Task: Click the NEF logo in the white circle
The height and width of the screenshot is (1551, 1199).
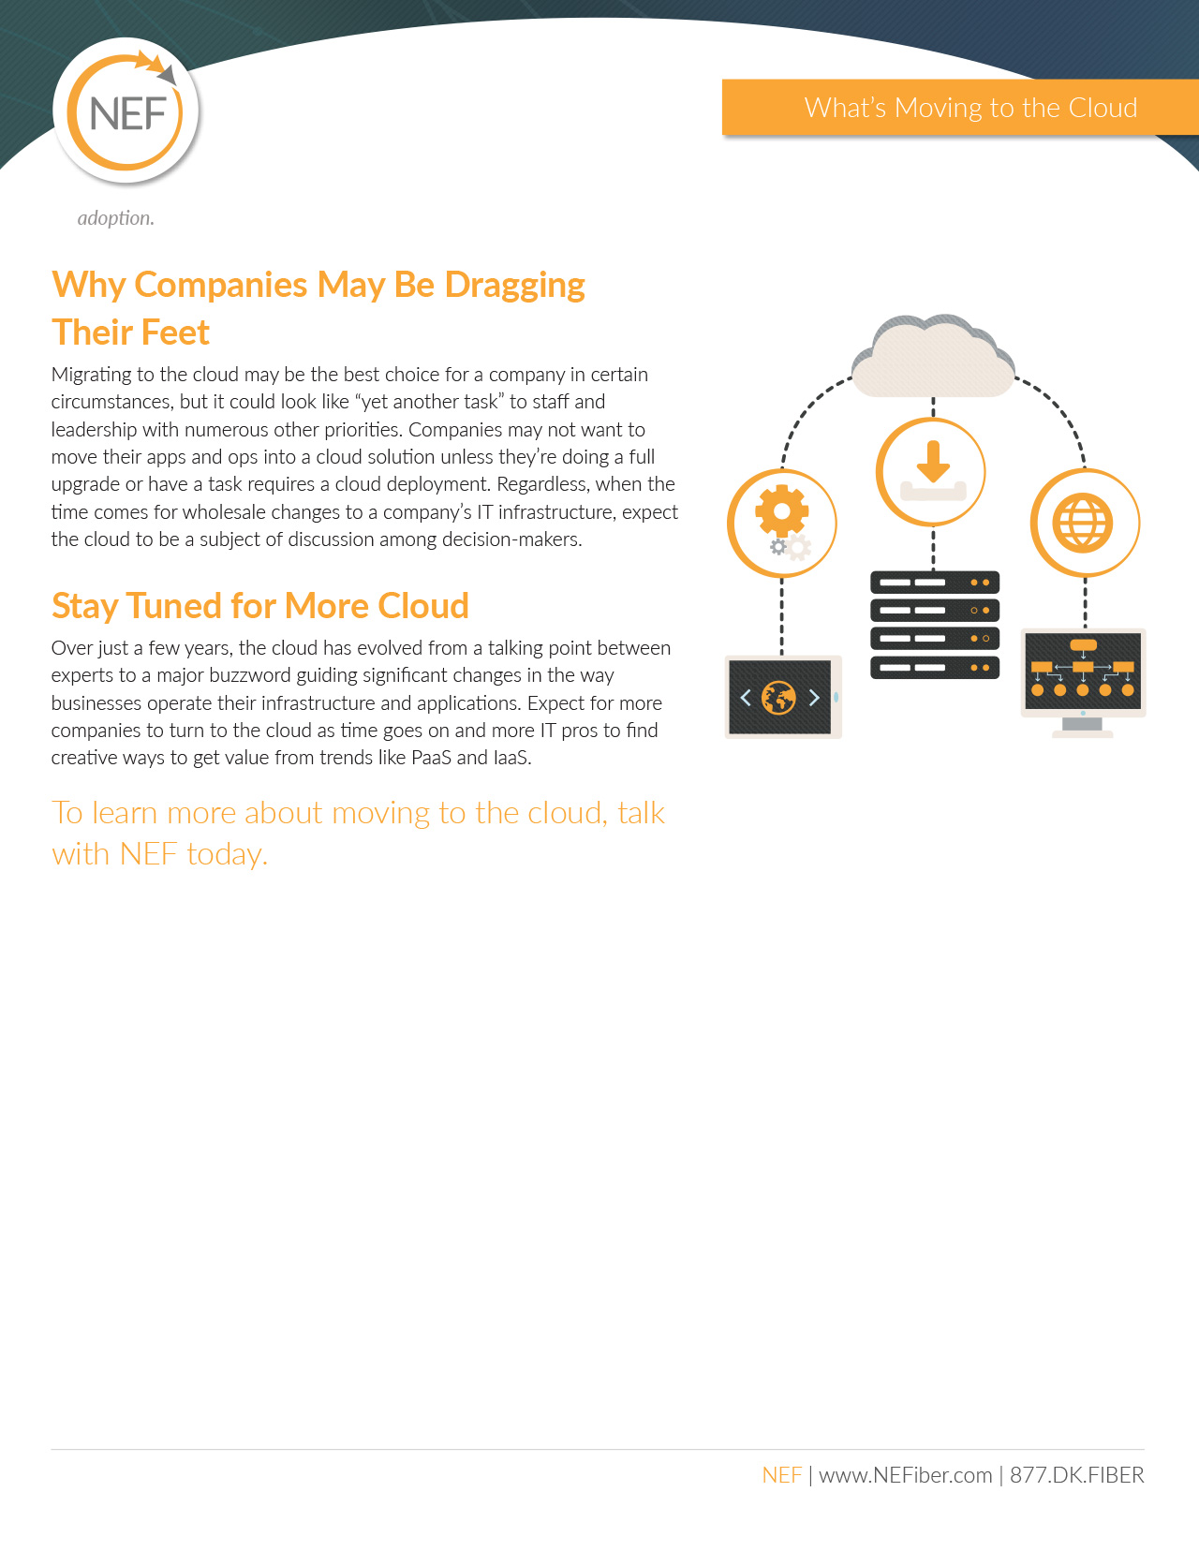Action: coord(126,111)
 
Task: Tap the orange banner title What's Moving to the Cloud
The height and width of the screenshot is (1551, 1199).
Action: coord(970,108)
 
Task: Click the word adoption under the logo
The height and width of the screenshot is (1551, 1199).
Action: coord(115,217)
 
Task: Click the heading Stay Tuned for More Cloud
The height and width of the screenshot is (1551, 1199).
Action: coord(260,606)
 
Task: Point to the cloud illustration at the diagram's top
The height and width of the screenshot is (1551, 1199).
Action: coord(933,356)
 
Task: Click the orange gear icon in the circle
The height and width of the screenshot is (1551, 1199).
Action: coord(781,510)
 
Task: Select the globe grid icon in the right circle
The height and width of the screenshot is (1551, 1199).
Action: coord(1083,523)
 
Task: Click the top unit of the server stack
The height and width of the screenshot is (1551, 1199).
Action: coord(934,583)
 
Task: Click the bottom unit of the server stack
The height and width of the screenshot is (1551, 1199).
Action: coord(934,668)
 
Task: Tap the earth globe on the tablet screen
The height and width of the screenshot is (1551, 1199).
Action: coord(778,698)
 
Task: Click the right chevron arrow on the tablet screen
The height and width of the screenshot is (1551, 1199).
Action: coord(814,698)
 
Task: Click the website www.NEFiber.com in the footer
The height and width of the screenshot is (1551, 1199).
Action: coord(905,1474)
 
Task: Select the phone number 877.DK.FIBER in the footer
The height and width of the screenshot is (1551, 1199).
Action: coord(1076,1474)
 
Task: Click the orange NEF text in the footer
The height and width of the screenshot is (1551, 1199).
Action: coord(781,1474)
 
